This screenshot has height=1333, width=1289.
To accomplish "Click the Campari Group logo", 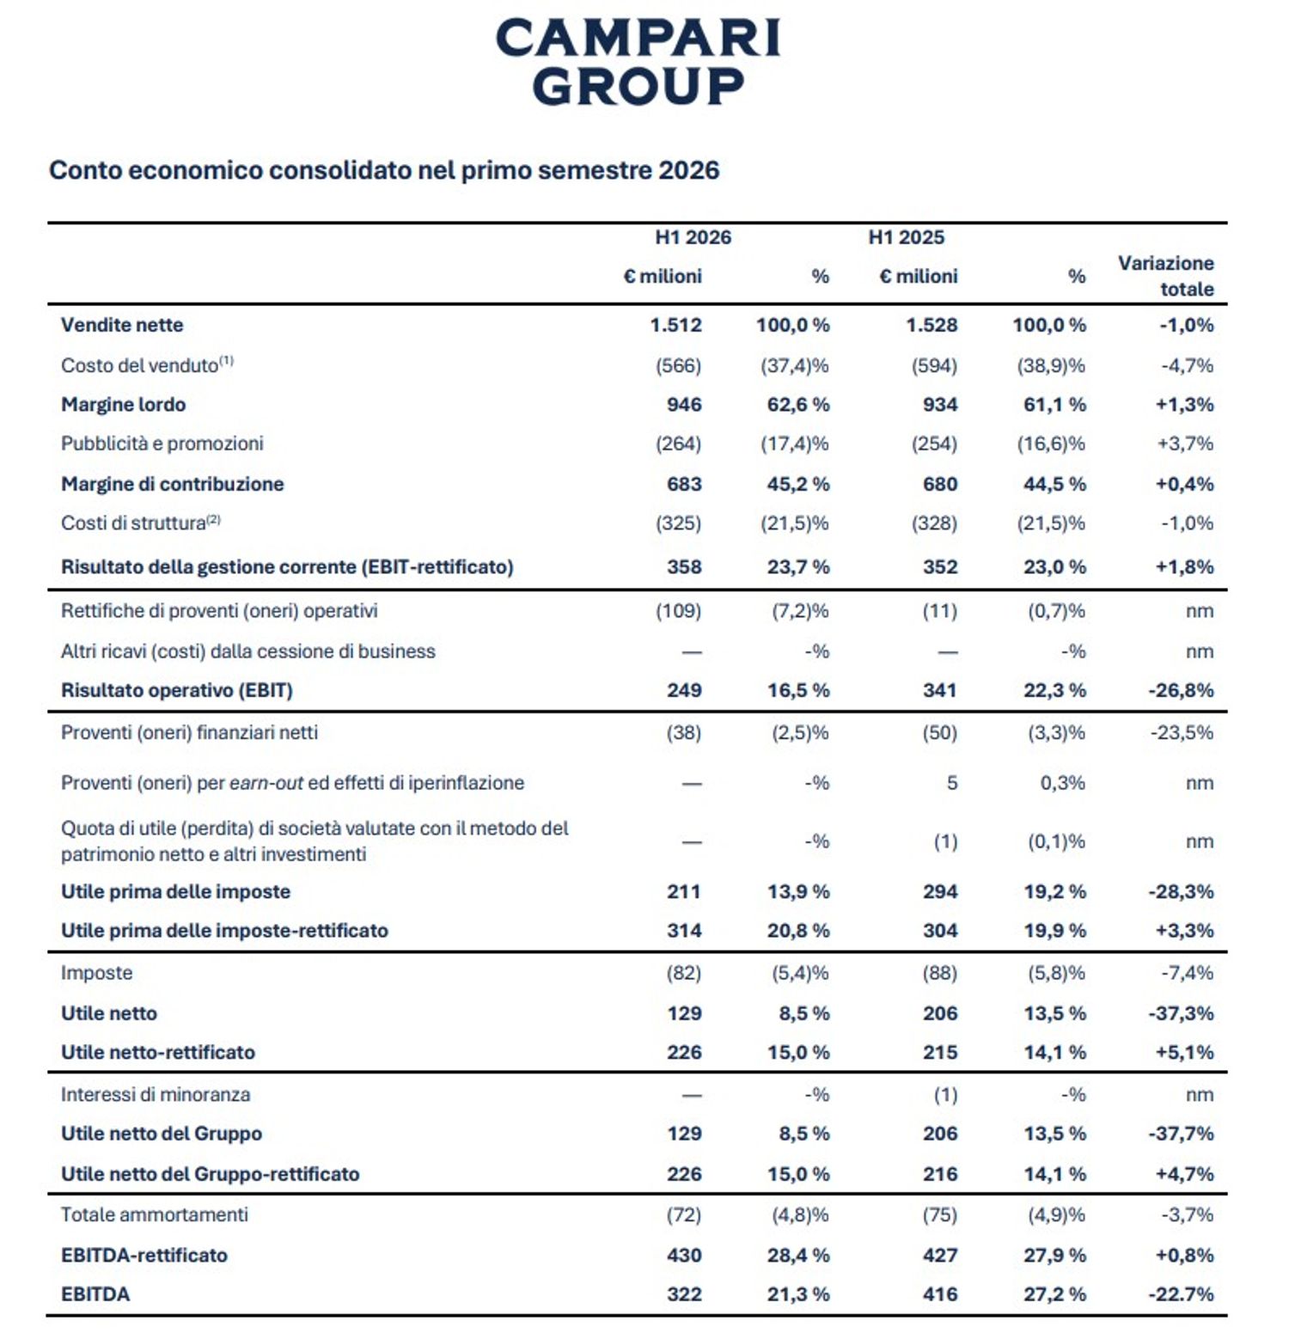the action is click(638, 62).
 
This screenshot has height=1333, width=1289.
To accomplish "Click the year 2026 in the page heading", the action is click(688, 170).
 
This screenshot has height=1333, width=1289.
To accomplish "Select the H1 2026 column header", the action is click(693, 237).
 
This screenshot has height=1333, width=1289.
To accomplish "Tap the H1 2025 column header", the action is click(907, 237).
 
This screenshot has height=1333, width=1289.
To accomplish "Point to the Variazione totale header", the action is click(1166, 276).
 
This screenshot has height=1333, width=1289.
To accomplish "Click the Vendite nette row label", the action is click(122, 325).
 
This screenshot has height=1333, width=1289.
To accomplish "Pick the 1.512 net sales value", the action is click(675, 325).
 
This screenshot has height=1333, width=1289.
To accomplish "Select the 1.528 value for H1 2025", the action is click(932, 325).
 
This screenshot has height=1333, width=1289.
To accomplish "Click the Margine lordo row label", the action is click(123, 404).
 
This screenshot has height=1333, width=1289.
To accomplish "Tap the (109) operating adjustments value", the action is click(678, 611).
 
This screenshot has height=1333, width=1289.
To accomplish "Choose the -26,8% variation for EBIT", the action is click(1181, 690).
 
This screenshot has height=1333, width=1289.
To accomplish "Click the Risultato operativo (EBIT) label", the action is click(177, 690).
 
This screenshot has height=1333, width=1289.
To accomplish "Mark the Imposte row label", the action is click(96, 973).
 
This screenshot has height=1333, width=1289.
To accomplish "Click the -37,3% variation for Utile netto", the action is click(1181, 1013).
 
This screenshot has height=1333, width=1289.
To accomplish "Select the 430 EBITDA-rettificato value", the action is click(684, 1255).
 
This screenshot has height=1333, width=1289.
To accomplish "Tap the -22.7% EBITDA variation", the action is click(1181, 1294).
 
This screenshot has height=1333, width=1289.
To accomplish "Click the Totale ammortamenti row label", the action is click(155, 1214).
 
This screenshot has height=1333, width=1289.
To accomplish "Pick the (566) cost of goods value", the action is click(678, 365).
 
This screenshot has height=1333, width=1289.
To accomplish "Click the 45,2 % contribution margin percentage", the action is click(798, 484).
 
